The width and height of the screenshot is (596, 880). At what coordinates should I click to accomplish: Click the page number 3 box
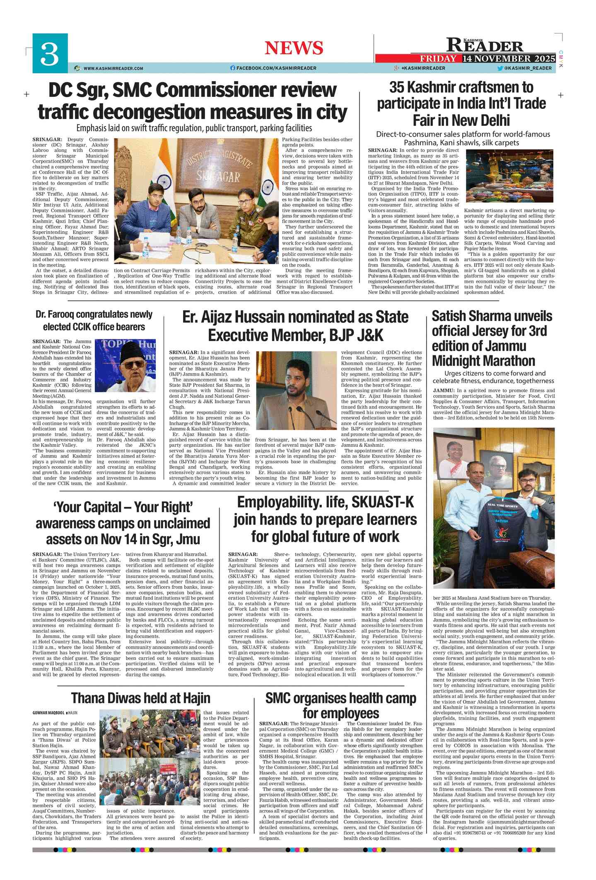coord(50,53)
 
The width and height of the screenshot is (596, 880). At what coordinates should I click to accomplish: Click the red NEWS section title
coord(294,48)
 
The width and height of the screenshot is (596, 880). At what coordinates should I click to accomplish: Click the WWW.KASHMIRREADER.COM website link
coord(113,68)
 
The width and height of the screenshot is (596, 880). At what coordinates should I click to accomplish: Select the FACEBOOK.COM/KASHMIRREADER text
coord(276,68)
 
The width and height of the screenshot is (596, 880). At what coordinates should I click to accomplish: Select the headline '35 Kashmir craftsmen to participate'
coord(461,103)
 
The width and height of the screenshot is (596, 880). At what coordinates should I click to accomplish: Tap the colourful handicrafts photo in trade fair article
coord(510,176)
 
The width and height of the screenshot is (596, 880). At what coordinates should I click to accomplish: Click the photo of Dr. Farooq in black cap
coord(125,365)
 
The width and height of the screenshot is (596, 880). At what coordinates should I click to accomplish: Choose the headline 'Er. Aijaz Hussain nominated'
coord(295,326)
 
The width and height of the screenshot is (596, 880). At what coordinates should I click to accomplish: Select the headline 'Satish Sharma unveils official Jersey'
coord(492,338)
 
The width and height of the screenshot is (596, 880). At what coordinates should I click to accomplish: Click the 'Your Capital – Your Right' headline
coord(123,523)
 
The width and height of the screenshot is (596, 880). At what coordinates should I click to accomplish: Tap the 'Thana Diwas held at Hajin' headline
coord(141,698)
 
